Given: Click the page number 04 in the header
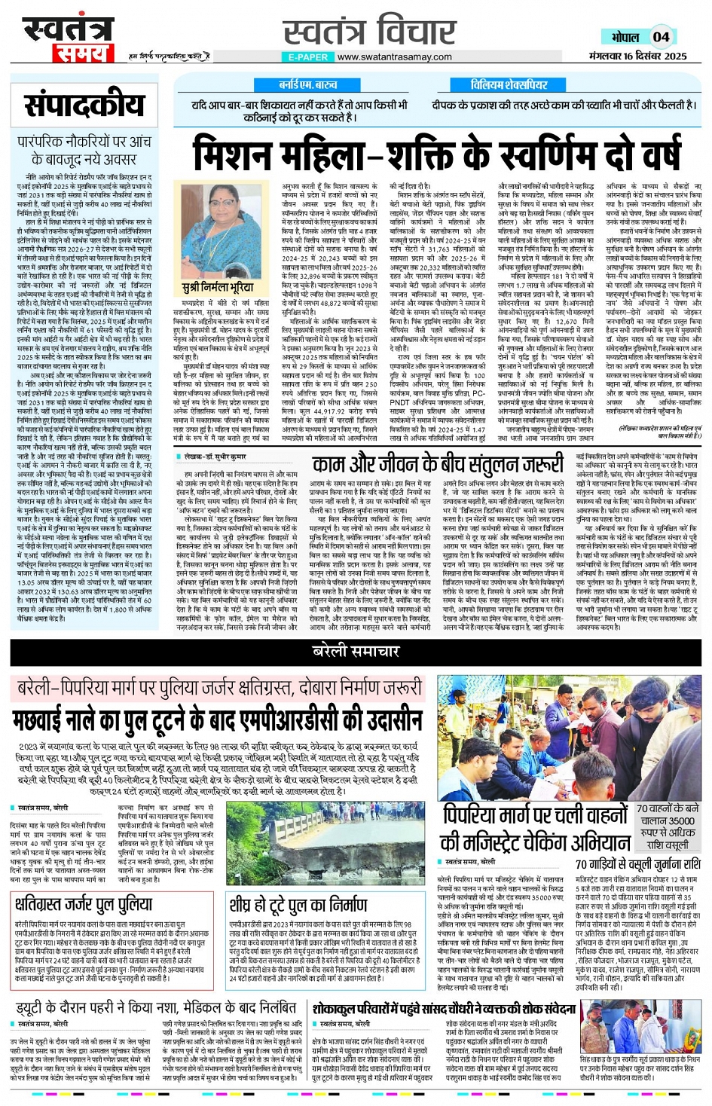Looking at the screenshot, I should [x=661, y=36].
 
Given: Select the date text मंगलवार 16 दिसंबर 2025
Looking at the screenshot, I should [x=638, y=56].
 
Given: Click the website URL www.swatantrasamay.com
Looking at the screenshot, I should [x=394, y=57].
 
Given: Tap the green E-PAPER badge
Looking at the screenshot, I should [x=307, y=57].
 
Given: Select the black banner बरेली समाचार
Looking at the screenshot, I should [x=356, y=651].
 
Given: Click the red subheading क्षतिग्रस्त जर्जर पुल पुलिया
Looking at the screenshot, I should [x=83, y=903].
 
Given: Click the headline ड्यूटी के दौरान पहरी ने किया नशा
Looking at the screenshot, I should [x=156, y=1007].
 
